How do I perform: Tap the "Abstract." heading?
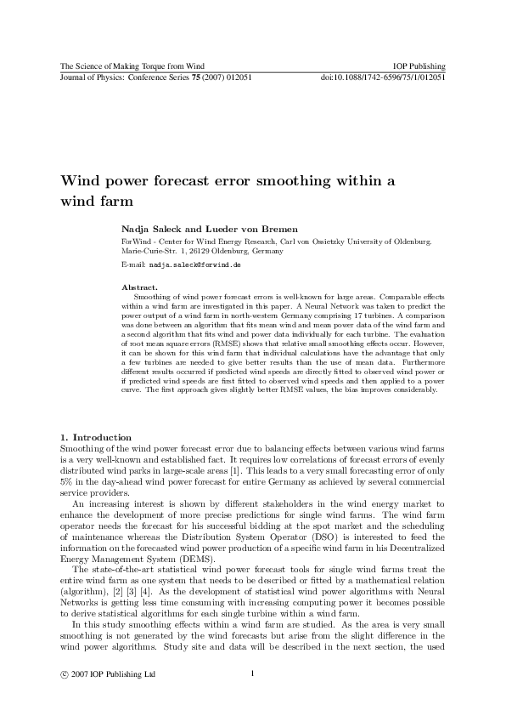pos(140,287)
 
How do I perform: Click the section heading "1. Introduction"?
pos(95,437)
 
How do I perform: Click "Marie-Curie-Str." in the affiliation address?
pos(151,253)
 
